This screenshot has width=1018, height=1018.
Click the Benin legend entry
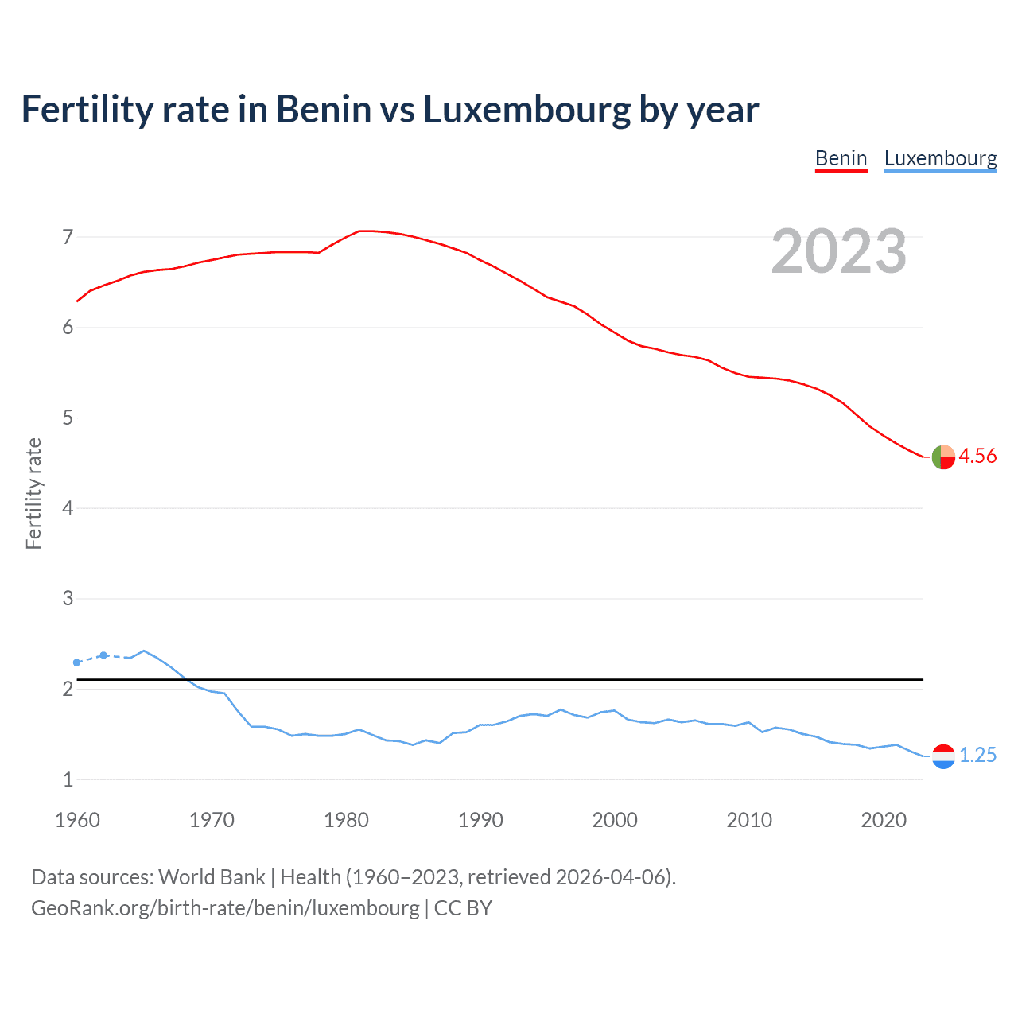[841, 158]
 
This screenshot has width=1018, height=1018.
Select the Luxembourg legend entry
[940, 158]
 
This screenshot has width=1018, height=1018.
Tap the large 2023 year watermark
[838, 251]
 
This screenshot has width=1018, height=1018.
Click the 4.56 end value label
[977, 456]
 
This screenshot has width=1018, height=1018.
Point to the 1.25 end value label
[977, 755]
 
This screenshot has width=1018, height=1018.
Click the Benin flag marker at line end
[943, 457]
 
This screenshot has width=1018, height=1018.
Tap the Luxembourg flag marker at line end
[943, 756]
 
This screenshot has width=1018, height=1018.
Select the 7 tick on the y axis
[68, 237]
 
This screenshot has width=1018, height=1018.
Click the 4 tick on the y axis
[68, 508]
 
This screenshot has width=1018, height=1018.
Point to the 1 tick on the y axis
[68, 779]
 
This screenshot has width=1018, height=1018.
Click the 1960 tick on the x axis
[77, 820]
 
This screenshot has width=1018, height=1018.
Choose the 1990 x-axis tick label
[480, 820]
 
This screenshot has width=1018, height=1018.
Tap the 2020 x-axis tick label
[884, 820]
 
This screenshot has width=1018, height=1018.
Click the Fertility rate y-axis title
[33, 493]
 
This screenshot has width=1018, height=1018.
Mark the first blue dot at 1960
[77, 662]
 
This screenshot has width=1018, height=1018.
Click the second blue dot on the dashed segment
[103, 655]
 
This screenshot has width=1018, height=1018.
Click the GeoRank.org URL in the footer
[225, 907]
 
